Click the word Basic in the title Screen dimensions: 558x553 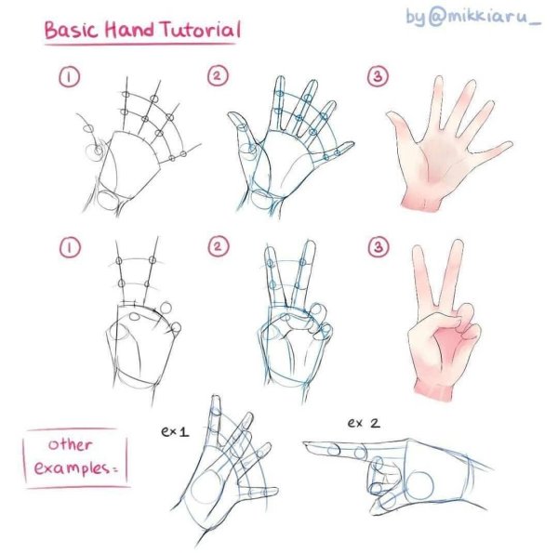click(71, 31)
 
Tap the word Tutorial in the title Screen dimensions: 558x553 click(201, 29)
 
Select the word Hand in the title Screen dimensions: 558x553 click(129, 30)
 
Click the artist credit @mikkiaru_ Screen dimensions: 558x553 click(485, 17)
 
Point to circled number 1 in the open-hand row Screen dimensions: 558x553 click(70, 77)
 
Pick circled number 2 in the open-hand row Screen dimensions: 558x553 click(218, 76)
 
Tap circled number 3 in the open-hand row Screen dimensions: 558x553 click(378, 76)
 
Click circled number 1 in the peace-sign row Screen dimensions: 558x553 click(70, 247)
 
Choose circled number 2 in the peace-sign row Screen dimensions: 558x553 click(218, 246)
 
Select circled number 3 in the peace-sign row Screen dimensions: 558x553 click(378, 246)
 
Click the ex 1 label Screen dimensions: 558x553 click(175, 431)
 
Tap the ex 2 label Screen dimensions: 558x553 click(364, 423)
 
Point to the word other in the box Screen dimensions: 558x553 click(70, 444)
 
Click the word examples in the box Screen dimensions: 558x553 click(72, 468)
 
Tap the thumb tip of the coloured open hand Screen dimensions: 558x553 click(390, 114)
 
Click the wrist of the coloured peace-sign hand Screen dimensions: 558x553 click(434, 389)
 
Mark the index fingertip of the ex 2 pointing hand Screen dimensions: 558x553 click(305, 444)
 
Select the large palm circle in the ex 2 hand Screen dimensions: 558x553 click(419, 486)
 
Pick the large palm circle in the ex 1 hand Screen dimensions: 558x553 click(206, 487)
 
